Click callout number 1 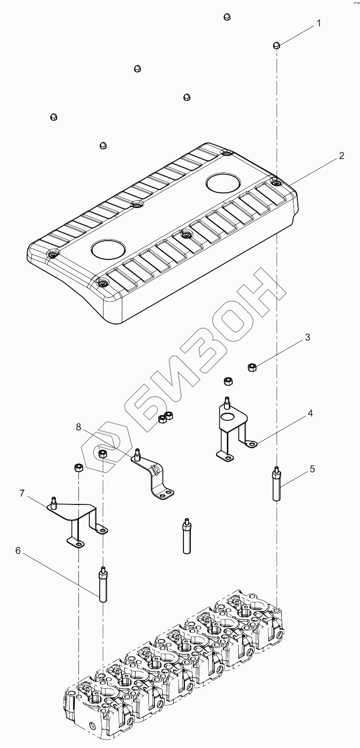[319, 24]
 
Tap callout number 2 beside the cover [341, 156]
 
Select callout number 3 [307, 338]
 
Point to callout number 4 [310, 413]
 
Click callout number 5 [312, 469]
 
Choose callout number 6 [18, 551]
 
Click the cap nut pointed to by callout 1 [277, 46]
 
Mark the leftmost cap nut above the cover [54, 117]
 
